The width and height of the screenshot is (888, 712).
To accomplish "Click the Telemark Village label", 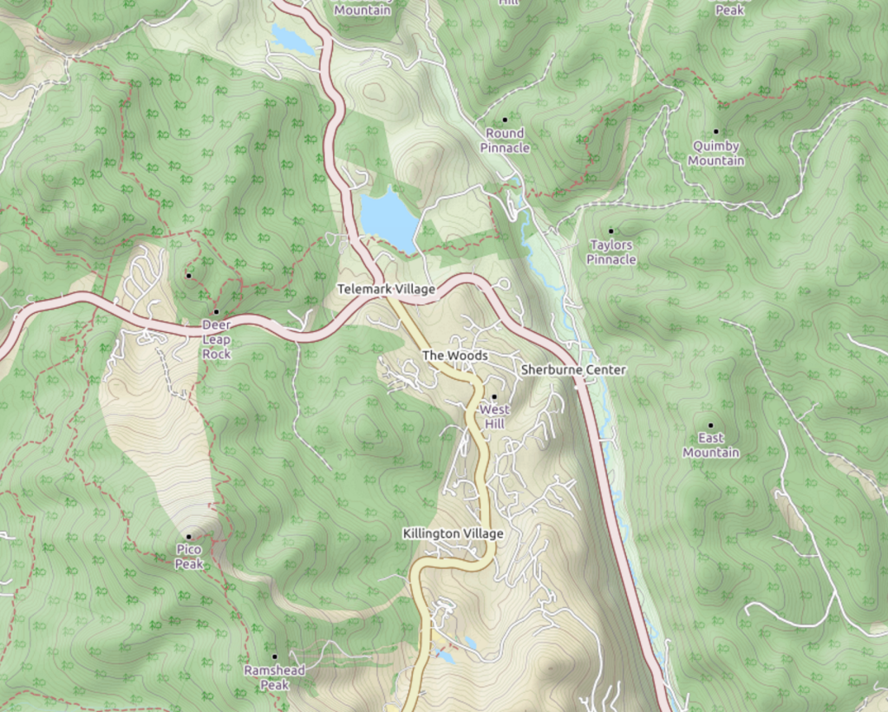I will [x=386, y=289].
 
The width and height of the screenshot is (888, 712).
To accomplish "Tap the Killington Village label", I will [x=453, y=533].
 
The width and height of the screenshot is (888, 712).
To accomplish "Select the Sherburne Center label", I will [x=573, y=369].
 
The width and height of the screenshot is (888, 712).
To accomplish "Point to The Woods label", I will [x=454, y=356].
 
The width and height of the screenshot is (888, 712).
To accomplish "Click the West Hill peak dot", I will [x=494, y=397].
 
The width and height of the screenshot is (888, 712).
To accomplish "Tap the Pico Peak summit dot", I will [x=188, y=536].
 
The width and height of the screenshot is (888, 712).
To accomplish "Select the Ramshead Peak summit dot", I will [x=275, y=656].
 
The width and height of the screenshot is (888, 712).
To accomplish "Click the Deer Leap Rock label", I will [x=216, y=339].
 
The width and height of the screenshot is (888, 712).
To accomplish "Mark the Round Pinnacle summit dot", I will [x=505, y=120].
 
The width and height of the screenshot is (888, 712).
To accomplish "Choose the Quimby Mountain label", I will [x=716, y=154].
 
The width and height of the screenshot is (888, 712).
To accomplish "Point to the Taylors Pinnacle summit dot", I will [x=610, y=231].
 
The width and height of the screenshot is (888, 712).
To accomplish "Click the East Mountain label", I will [x=710, y=446].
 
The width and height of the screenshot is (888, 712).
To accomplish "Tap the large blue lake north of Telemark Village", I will [x=389, y=217].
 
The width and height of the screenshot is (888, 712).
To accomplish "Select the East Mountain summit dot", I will [x=710, y=426].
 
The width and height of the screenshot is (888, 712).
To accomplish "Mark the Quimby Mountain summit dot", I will [x=715, y=131].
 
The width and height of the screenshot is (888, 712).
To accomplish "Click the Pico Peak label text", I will [x=189, y=557].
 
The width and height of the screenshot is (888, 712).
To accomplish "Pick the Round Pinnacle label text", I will [x=505, y=140].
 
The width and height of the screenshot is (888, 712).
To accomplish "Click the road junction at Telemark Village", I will [x=382, y=297].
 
